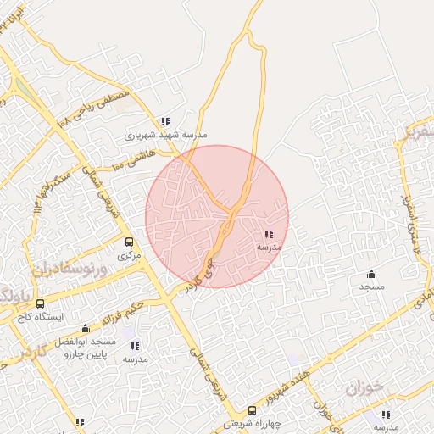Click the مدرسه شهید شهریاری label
165,134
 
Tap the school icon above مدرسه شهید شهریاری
165,121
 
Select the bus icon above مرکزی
129,242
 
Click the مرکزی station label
129,254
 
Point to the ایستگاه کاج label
41,316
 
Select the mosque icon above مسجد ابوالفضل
85,329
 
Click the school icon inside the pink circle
269,234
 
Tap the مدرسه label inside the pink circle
270,247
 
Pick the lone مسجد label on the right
371,287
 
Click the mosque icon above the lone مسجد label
371,274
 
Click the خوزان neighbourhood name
365,389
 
